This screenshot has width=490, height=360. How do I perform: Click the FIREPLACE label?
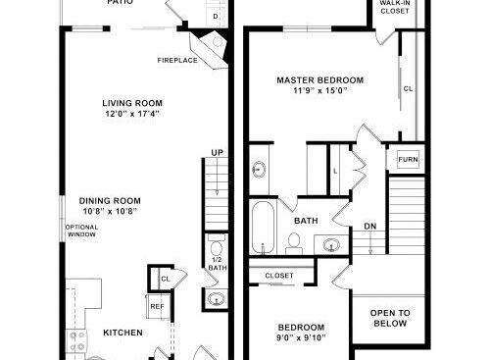point(177,61)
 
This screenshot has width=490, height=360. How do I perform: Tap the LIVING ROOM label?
point(132,103)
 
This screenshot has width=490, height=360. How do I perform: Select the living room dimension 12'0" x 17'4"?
point(132,114)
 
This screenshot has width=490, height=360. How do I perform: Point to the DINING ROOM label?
point(110,201)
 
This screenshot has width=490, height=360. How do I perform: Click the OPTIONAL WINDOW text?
point(81,231)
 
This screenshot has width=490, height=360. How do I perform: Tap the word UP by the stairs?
point(218,153)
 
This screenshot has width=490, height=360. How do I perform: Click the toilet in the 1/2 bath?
point(216,246)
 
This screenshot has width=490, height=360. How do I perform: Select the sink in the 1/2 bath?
point(217,299)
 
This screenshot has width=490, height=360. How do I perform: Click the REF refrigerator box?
point(158,306)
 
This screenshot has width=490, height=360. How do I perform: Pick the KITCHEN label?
point(122,333)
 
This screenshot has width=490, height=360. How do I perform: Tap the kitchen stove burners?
point(77,341)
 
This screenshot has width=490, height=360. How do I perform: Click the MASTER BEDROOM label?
point(320,80)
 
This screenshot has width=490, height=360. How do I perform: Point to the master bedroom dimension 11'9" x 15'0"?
point(319,90)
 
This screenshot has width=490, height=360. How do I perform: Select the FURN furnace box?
point(408,159)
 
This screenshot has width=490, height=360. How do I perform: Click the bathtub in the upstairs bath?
point(263,228)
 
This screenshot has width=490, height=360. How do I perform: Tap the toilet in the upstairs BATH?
point(294,243)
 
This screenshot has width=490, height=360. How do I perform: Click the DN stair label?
point(370,227)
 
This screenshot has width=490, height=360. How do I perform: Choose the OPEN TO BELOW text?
point(390,318)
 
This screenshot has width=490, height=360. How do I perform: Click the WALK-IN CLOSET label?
point(395,7)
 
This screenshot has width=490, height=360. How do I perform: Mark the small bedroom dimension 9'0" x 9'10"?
point(301,337)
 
